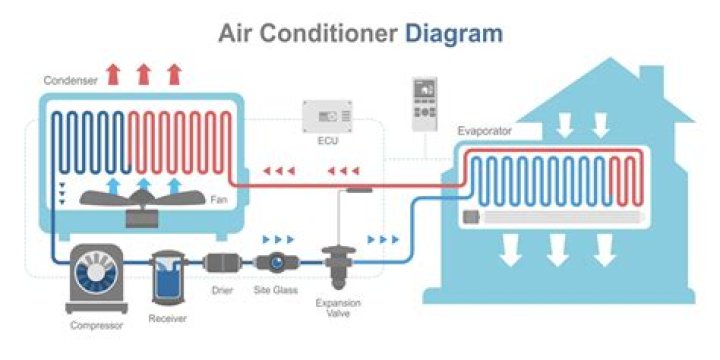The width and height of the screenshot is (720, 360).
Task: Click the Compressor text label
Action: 97,325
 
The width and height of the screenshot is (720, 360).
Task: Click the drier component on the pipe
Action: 220,265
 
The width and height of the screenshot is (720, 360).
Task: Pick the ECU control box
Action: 331,118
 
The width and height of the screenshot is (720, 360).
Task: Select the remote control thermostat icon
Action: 426,102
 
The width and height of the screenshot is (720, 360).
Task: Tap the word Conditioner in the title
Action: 333,33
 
